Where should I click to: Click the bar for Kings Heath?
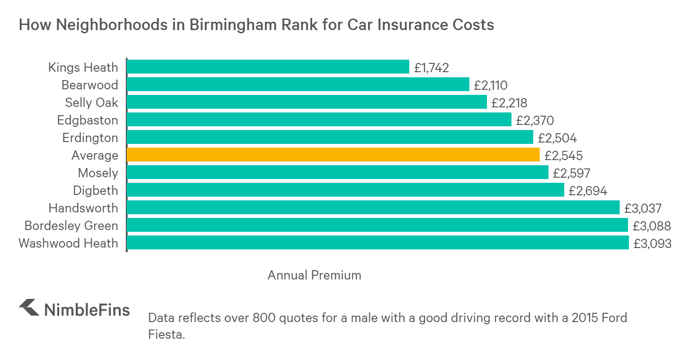[x=268, y=67]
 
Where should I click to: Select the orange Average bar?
[x=333, y=155]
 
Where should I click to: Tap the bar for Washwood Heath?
[x=377, y=243]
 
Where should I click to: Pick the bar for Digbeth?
[x=345, y=190]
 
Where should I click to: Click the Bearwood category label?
[x=90, y=85]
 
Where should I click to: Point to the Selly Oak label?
[x=92, y=103]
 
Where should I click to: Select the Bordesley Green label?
[x=71, y=226]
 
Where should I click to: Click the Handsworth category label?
[x=83, y=208]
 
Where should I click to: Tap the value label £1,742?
[x=431, y=68]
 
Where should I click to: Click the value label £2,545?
[x=563, y=156]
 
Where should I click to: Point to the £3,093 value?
[x=653, y=244]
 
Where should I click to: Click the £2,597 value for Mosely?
[x=572, y=174]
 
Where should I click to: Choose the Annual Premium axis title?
[x=314, y=275]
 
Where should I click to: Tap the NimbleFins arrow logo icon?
[x=29, y=308]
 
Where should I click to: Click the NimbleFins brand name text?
[x=87, y=310]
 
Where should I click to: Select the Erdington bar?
[x=330, y=137]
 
